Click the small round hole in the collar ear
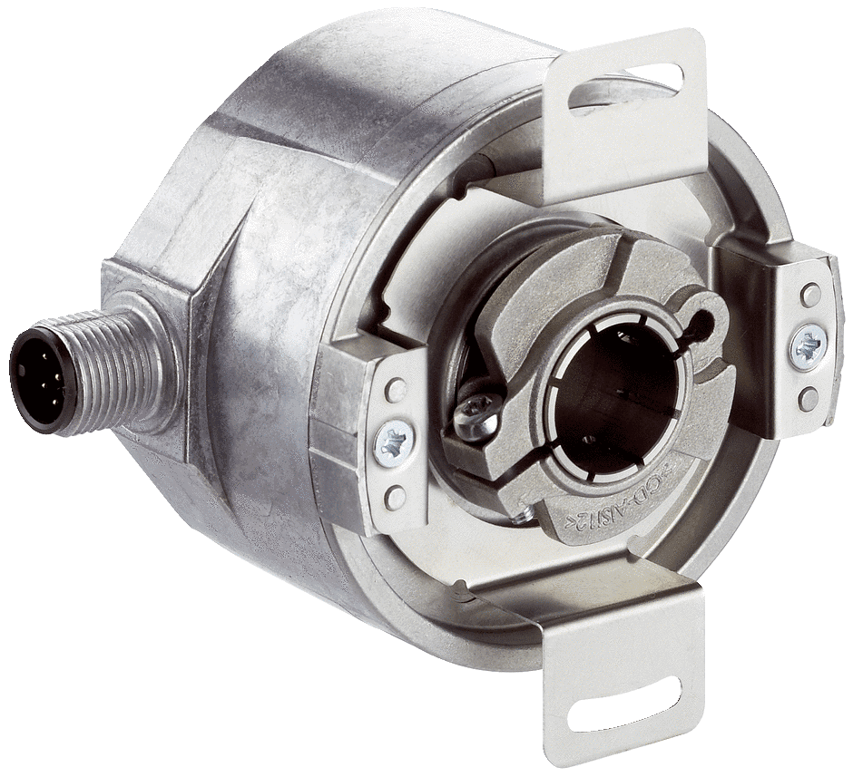703,318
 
